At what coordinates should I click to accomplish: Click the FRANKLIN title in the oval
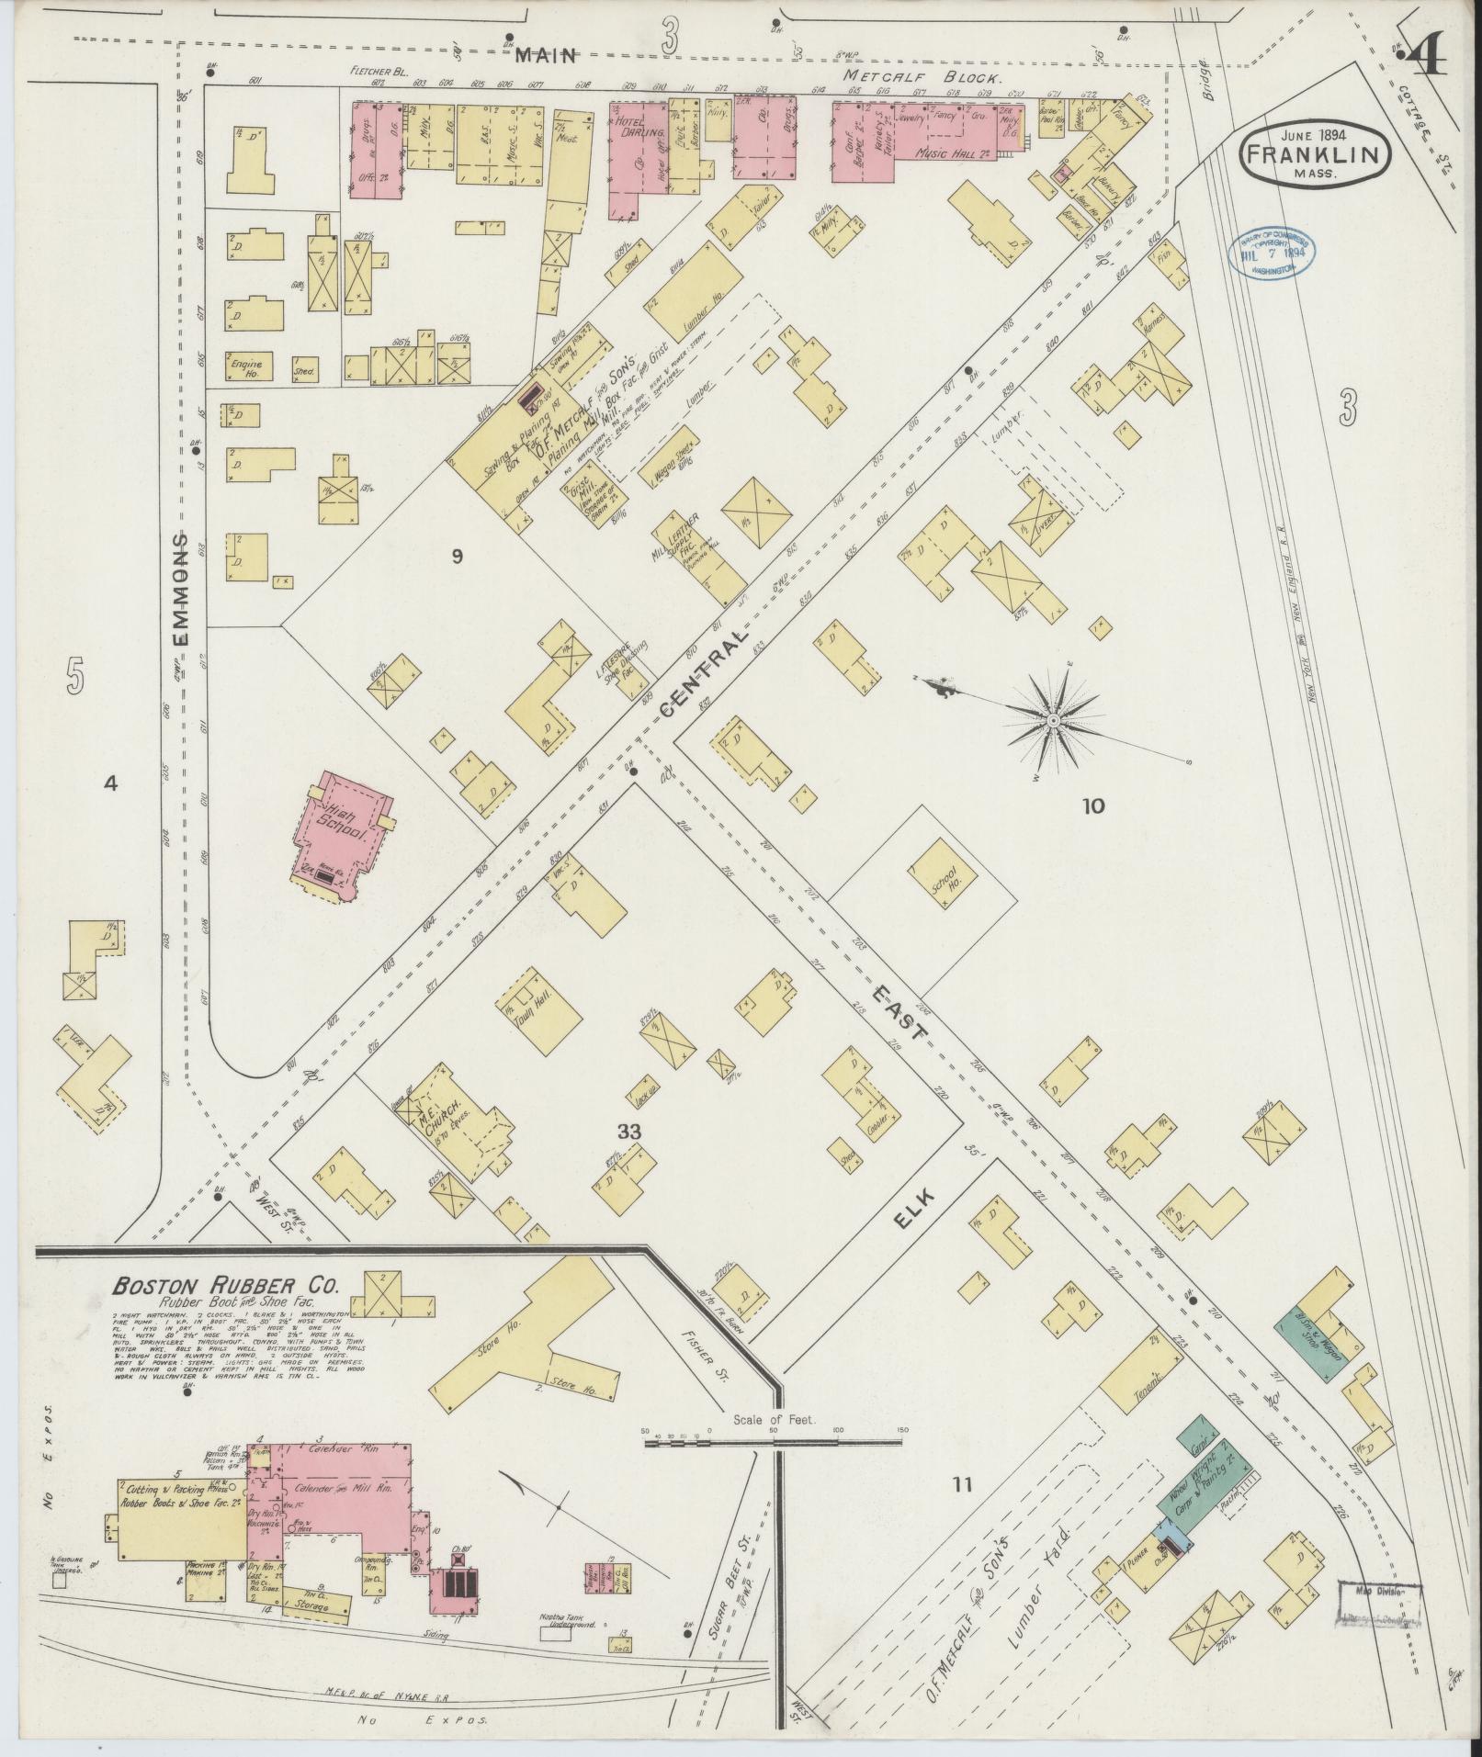1315,153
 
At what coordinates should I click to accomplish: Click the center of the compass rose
1053,719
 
